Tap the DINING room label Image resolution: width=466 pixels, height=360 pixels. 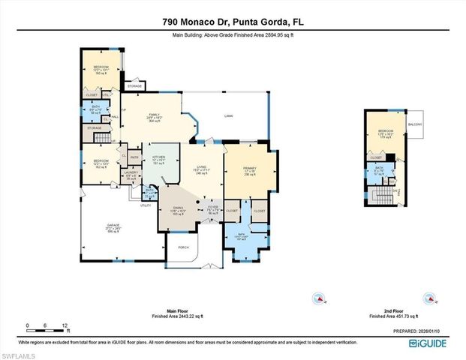pyautogui.click(x=178, y=209)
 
